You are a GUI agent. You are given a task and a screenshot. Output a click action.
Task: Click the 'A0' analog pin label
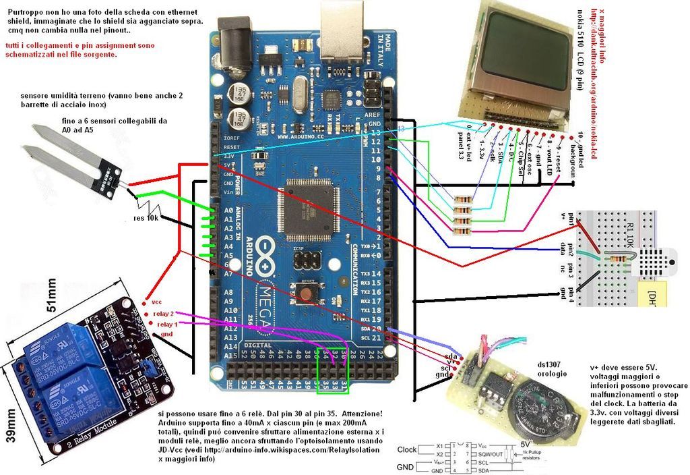[x=228, y=211]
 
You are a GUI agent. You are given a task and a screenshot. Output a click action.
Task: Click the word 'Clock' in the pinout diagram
[x=407, y=449]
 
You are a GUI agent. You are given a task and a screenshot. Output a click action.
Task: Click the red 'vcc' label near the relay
[x=156, y=302]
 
